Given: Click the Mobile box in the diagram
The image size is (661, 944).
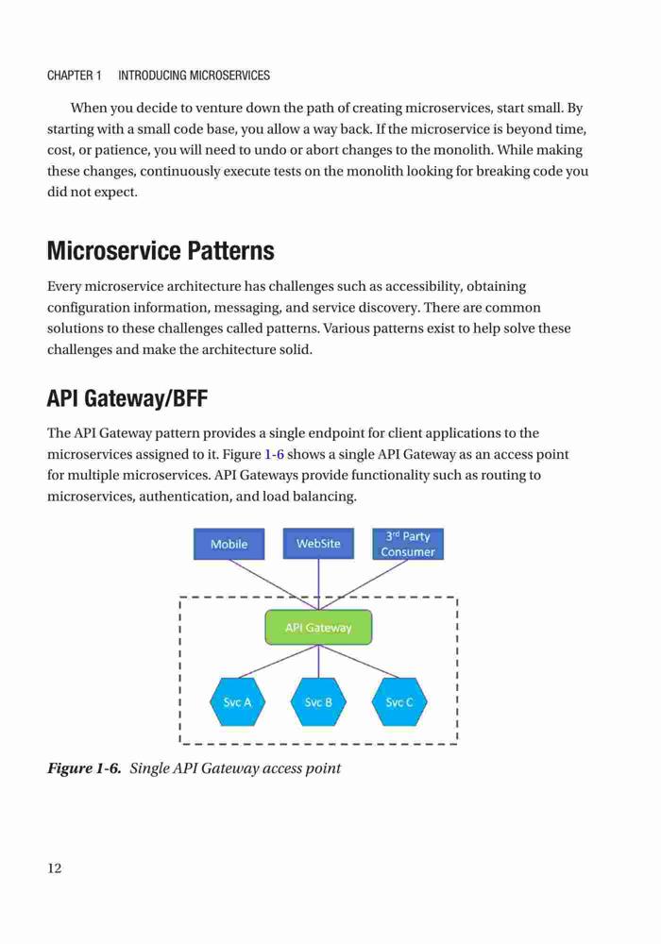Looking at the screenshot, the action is [229, 544].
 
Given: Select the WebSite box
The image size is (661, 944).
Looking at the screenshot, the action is [318, 543].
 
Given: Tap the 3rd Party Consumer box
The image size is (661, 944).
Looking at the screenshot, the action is [408, 544].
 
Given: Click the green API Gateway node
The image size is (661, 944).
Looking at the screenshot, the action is [318, 628].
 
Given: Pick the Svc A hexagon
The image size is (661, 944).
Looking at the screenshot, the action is [237, 702].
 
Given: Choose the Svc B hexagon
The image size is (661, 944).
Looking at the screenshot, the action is [318, 702].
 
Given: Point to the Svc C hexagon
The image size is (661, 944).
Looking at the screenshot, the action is [399, 702].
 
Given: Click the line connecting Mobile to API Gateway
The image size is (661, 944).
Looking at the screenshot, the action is [274, 584].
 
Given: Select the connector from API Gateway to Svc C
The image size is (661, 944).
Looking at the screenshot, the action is [359, 662].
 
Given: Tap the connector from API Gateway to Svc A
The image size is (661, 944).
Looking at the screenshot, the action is [278, 662].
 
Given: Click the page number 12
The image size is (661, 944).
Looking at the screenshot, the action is [54, 868].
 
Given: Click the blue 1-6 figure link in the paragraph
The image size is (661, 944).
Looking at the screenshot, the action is [274, 454].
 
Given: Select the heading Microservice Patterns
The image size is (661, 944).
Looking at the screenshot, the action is [161, 250].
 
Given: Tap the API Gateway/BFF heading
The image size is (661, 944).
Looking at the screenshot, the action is [127, 398].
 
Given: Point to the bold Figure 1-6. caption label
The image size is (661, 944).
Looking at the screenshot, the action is [84, 768].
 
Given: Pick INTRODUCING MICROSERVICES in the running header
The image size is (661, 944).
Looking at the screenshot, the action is [194, 76].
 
